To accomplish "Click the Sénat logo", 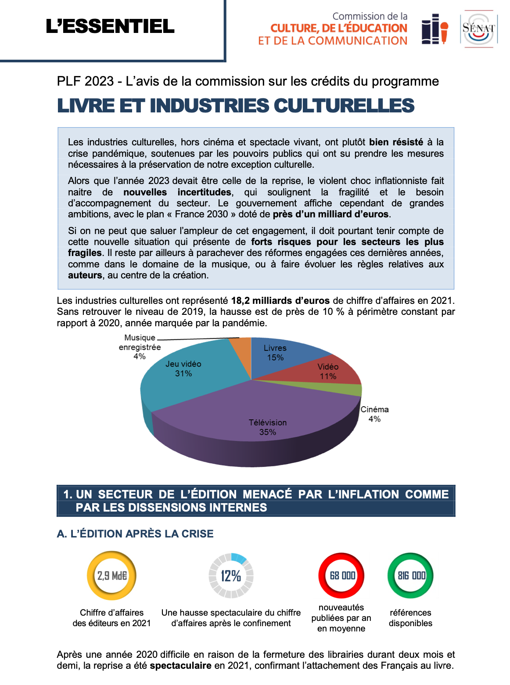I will pyautogui.click(x=478, y=29).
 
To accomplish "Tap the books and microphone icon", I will pyautogui.click(x=435, y=29).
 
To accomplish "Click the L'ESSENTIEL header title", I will pyautogui.click(x=110, y=26).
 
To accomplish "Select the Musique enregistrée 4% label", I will pyautogui.click(x=140, y=347).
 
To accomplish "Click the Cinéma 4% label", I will pyautogui.click(x=374, y=414).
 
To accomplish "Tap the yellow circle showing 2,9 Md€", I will pyautogui.click(x=111, y=576).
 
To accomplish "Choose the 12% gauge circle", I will pyautogui.click(x=231, y=576).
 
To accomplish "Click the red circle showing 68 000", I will pyautogui.click(x=341, y=576).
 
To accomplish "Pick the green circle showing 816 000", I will pyautogui.click(x=410, y=576).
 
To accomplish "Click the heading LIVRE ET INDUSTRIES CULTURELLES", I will pyautogui.click(x=236, y=106).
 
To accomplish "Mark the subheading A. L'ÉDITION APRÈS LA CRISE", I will pyautogui.click(x=135, y=534).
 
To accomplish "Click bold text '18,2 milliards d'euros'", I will pyautogui.click(x=280, y=301).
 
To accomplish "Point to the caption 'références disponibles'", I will pyautogui.click(x=410, y=618).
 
